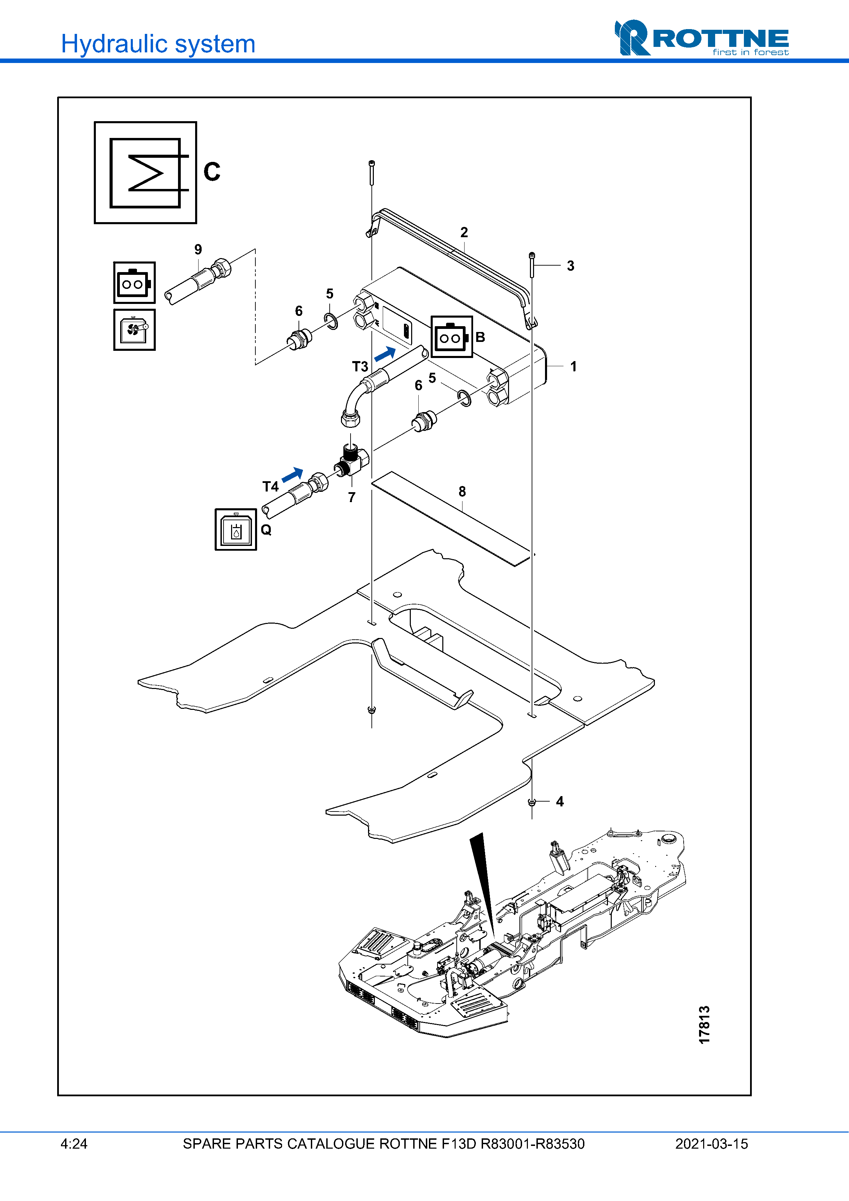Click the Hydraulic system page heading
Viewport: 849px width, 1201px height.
(158, 44)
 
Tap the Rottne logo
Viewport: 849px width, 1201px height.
(701, 38)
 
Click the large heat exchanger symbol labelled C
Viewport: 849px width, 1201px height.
(145, 173)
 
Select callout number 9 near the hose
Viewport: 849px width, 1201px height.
(198, 250)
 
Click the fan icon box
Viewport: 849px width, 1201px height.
(135, 330)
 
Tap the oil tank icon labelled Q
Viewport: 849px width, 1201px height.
(236, 529)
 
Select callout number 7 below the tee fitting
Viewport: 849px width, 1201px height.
(352, 497)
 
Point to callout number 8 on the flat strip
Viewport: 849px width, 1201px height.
(462, 492)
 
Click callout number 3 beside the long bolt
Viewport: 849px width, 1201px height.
(571, 266)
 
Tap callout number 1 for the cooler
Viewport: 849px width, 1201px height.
(573, 366)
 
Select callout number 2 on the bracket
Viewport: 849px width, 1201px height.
(464, 232)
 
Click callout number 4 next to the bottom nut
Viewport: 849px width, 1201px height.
(560, 801)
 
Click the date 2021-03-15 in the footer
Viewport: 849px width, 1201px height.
(711, 1143)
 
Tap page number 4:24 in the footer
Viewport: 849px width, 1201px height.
(74, 1143)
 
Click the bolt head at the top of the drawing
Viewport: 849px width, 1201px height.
(371, 163)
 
